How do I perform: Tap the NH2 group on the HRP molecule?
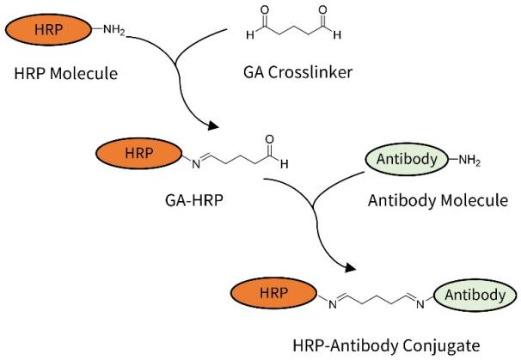113,31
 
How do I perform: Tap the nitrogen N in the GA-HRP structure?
193,161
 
